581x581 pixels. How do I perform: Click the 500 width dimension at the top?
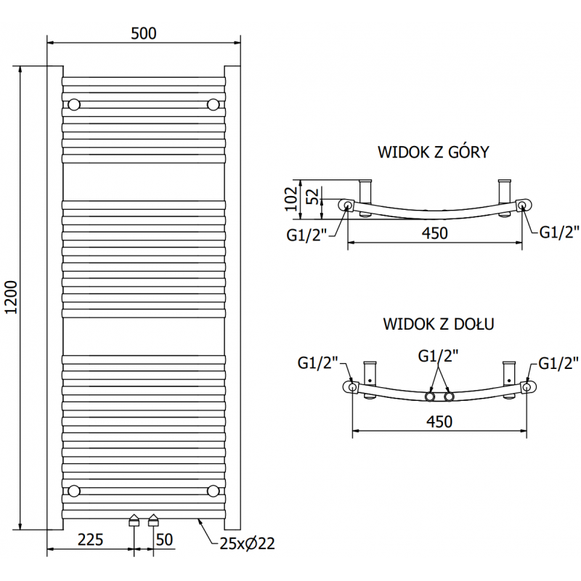click(x=144, y=33)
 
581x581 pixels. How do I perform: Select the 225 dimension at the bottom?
click(x=89, y=540)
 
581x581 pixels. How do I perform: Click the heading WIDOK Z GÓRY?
click(x=433, y=152)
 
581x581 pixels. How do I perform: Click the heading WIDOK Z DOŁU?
click(x=439, y=324)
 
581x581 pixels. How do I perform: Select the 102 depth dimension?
click(x=290, y=198)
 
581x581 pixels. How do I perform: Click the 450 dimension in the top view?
click(x=434, y=233)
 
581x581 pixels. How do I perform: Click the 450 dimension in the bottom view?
click(x=439, y=421)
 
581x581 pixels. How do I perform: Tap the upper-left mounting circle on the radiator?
click(x=73, y=105)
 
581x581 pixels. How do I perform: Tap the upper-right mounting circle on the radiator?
click(x=213, y=105)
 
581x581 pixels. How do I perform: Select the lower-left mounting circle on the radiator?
click(x=73, y=491)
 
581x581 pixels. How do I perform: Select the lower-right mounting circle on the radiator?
click(x=213, y=491)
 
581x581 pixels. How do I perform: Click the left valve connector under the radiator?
click(x=134, y=520)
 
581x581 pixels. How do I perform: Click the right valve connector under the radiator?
click(x=153, y=520)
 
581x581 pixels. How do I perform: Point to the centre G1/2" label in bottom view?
click(x=438, y=356)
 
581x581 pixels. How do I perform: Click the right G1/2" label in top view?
click(x=558, y=232)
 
